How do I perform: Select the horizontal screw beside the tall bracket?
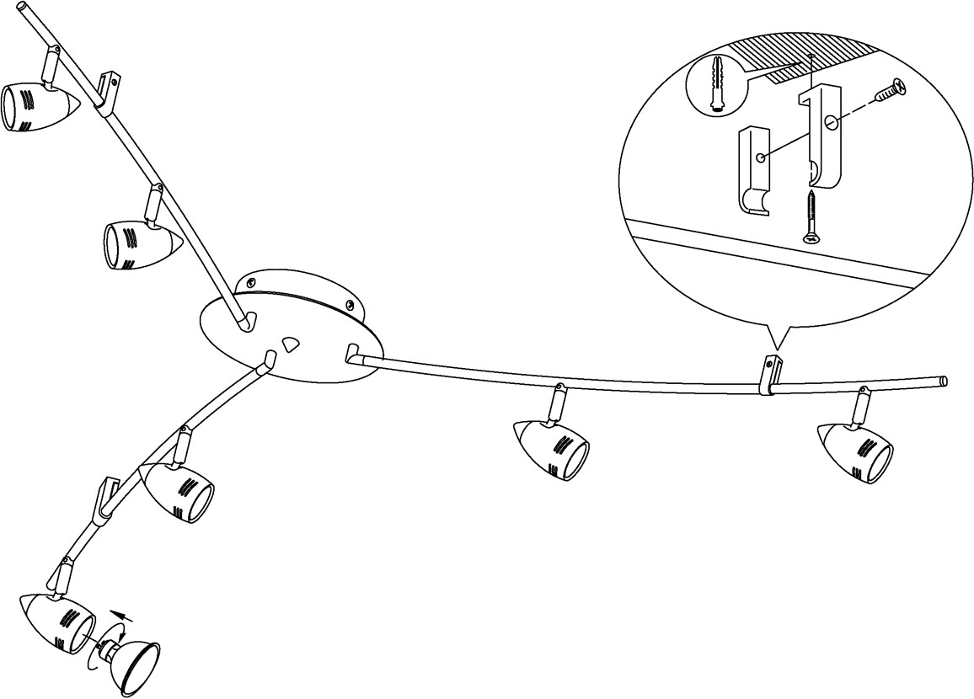(890, 89)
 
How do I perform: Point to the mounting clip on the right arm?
(770, 375)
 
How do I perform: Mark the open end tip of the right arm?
(945, 381)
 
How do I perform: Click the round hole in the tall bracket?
(832, 123)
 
